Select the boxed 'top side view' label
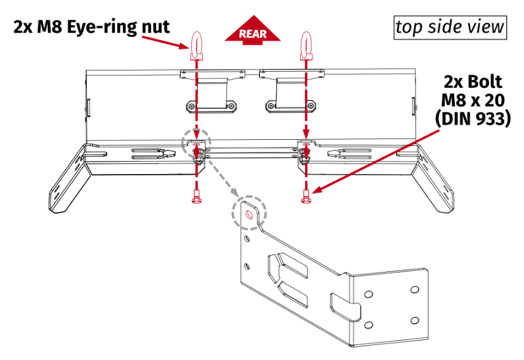[449, 27]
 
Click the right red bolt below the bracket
[305, 198]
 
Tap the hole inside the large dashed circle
[250, 214]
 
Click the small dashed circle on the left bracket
[196, 145]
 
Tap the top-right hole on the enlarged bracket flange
[413, 289]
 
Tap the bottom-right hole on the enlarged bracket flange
[413, 320]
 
